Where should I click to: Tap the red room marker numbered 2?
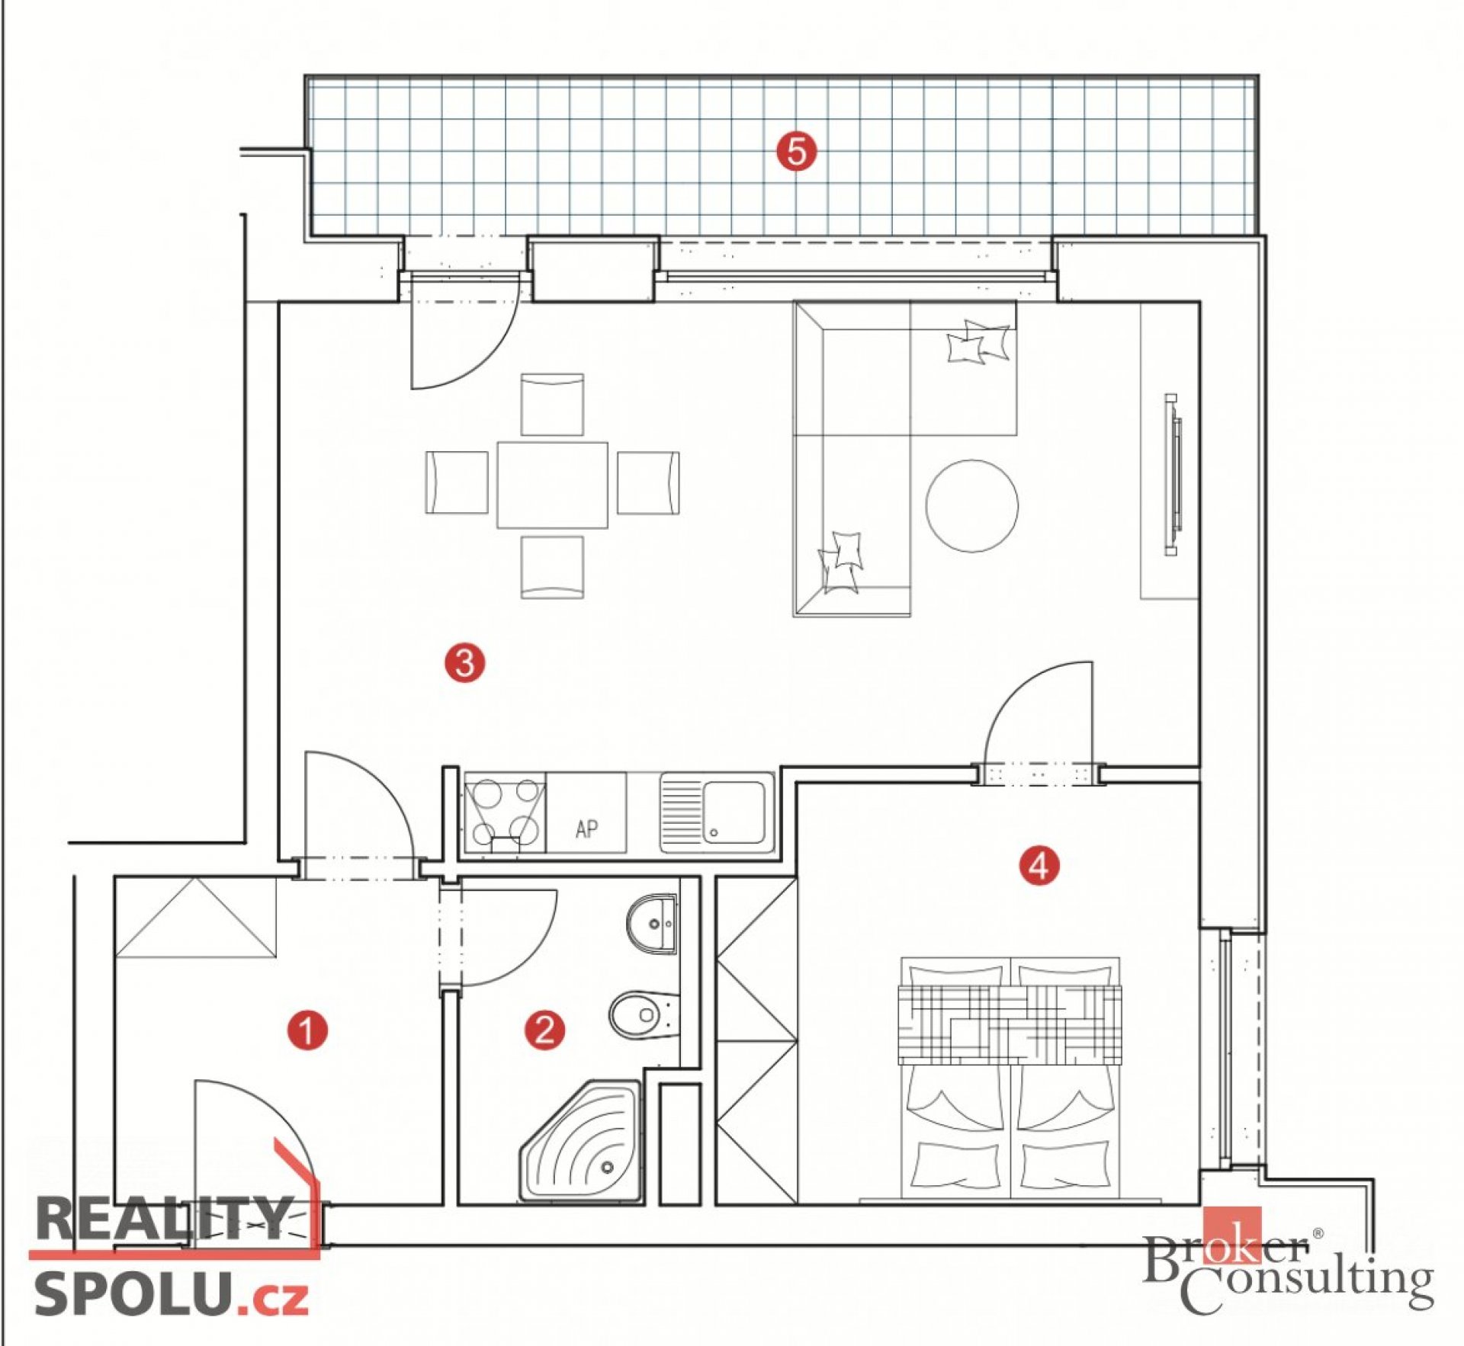[544, 1030]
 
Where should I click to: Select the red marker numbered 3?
[464, 662]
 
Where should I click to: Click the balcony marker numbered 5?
[796, 151]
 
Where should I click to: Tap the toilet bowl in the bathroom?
[640, 1014]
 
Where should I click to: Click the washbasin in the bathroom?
[653, 923]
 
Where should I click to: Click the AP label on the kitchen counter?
[586, 828]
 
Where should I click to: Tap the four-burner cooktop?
[504, 813]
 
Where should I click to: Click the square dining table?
[552, 485]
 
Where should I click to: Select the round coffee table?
[971, 505]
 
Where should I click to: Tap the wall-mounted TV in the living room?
[1172, 476]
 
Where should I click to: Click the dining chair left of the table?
[457, 482]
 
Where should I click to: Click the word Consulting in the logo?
[1307, 1287]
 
